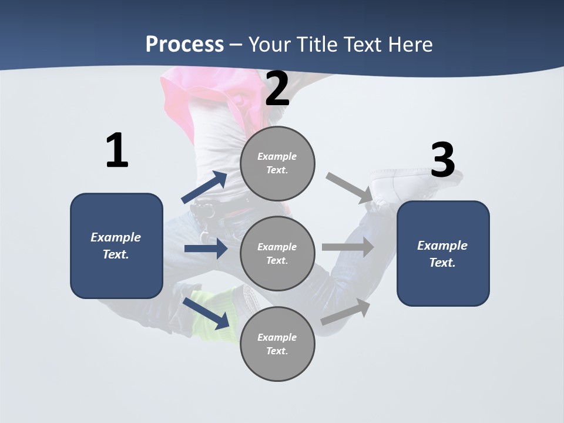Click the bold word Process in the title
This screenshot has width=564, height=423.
point(184,44)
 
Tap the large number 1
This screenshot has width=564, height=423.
point(117,150)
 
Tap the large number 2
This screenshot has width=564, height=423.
point(277,89)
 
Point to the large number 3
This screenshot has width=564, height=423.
point(443,160)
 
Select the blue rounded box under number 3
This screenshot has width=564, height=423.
point(443,254)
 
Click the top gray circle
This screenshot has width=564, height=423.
point(277,163)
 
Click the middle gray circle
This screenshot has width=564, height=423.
point(277,253)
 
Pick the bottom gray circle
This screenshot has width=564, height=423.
point(277,344)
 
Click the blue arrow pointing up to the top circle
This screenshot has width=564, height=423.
point(204,187)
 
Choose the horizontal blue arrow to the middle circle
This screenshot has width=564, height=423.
point(206,249)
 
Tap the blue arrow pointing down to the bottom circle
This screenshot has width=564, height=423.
point(206,313)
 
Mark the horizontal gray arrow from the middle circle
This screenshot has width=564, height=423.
point(348,247)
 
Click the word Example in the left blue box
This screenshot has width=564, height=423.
point(116,237)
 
